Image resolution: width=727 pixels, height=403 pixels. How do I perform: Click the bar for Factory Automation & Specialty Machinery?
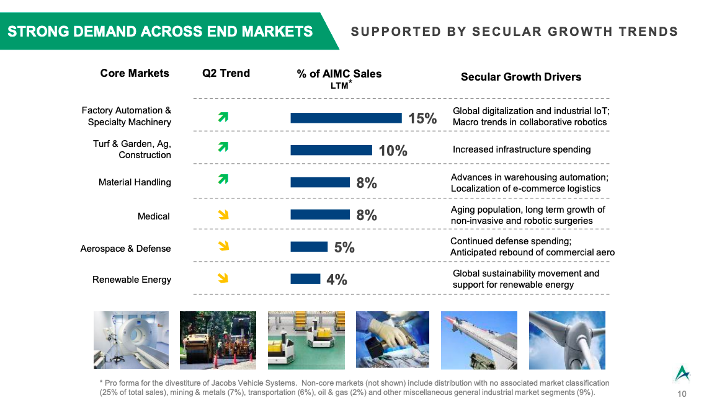[x=346, y=118]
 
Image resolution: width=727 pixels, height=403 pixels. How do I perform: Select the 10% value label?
[x=393, y=151]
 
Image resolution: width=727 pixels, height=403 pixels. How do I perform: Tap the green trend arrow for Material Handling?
[x=223, y=179]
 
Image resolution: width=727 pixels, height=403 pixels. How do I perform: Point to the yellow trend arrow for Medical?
[x=223, y=215]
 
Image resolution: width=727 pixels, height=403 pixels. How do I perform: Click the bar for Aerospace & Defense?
[x=309, y=247]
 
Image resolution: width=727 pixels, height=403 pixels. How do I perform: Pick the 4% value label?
[x=337, y=280]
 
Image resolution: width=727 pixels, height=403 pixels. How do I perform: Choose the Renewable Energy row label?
[x=132, y=280]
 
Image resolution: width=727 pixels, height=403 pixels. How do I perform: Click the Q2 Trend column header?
[x=226, y=73]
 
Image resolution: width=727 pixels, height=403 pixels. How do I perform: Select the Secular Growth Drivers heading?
[x=520, y=77]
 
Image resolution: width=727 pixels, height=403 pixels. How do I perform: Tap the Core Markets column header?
[x=135, y=73]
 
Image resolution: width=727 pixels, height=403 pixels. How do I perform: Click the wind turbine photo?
[x=567, y=340]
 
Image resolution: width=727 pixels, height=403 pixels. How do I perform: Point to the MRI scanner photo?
[x=132, y=340]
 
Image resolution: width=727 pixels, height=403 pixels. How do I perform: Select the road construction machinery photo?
[x=218, y=340]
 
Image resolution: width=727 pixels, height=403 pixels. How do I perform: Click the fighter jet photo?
[x=479, y=340]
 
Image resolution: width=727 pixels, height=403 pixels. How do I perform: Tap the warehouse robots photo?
[x=306, y=340]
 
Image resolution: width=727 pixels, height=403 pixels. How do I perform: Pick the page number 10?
[x=682, y=394]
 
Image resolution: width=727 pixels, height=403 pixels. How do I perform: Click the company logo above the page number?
[x=682, y=373]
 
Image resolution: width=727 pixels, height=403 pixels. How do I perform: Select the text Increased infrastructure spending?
[x=522, y=149]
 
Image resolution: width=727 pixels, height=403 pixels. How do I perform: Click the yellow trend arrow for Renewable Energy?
[x=223, y=278]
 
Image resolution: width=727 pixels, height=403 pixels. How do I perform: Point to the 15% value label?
[x=422, y=118]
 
